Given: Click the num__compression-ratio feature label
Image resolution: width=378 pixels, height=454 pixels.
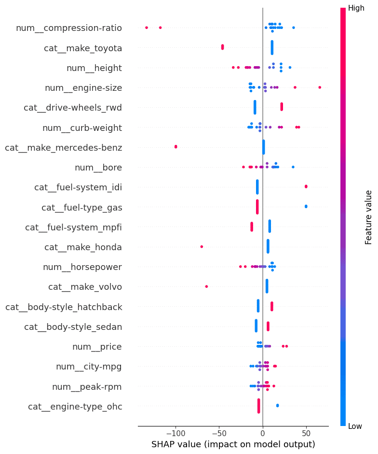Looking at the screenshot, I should [x=69, y=28].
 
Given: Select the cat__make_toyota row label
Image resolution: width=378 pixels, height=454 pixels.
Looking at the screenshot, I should [x=83, y=48].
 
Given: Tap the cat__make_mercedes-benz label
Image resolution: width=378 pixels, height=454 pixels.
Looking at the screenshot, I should [x=64, y=147].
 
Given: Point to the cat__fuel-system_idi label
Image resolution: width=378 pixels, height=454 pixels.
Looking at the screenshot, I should [x=78, y=187].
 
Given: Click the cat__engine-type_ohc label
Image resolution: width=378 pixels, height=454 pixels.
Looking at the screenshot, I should [x=75, y=407].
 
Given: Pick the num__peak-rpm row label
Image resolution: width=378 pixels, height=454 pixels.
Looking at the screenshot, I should [x=87, y=387].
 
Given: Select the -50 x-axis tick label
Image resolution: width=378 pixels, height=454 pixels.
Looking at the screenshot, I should [x=219, y=432].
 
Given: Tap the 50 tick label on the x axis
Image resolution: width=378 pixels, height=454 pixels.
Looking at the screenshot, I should [x=306, y=432].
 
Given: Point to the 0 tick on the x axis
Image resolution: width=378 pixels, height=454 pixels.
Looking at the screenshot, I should [x=263, y=432].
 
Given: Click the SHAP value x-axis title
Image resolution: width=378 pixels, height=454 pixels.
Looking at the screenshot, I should [x=233, y=444].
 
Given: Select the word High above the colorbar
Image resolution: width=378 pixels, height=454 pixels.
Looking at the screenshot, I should [x=356, y=8].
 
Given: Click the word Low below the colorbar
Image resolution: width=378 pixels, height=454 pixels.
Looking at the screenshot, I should [x=355, y=426].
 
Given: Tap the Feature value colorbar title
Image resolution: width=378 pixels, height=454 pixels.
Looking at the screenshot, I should [x=369, y=217].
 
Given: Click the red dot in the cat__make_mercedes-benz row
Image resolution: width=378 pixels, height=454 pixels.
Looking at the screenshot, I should [x=175, y=146].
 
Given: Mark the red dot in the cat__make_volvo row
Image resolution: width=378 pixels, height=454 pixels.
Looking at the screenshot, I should [x=206, y=286].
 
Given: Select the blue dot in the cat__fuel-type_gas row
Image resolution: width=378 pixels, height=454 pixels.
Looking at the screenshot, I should [x=306, y=206].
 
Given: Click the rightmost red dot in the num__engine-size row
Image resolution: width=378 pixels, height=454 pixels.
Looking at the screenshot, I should [x=320, y=87].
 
